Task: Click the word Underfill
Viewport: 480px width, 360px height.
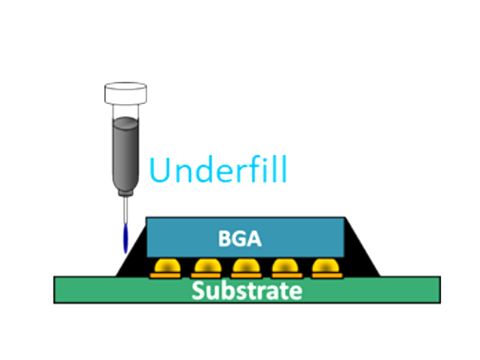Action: pyautogui.click(x=218, y=170)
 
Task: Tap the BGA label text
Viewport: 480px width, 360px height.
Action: pyautogui.click(x=239, y=238)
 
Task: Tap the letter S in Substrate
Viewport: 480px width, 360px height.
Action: pyautogui.click(x=198, y=290)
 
